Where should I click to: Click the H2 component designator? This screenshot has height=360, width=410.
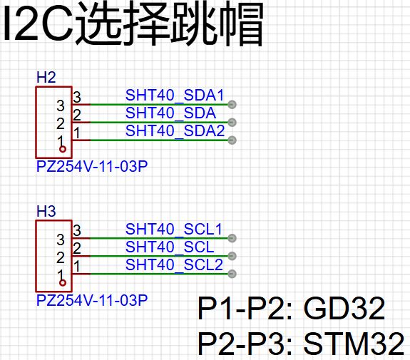46,78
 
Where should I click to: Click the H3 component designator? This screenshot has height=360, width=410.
46,211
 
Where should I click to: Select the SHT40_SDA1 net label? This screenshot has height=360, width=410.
175,95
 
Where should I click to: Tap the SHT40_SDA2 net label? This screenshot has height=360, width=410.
175,130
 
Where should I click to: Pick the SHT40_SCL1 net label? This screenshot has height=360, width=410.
174,229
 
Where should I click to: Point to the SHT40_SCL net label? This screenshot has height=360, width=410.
170,247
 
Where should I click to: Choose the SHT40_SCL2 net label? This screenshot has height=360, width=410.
174,264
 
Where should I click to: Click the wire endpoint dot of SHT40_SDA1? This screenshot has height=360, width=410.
232,105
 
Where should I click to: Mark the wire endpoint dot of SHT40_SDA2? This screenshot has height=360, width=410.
232,140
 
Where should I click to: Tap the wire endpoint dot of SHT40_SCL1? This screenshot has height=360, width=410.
232,238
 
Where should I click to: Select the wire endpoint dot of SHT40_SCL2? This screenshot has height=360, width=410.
232,274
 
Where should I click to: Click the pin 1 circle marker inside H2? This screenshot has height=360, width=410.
63,149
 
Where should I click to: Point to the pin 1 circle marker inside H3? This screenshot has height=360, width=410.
63,283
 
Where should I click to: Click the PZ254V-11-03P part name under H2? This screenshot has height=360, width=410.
92,167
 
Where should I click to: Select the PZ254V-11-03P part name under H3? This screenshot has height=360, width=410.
92,300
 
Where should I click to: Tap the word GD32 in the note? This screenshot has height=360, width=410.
344,309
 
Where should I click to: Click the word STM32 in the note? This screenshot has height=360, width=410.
354,344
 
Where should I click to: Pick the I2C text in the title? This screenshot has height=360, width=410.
39,24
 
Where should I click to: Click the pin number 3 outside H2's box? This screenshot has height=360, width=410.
77,97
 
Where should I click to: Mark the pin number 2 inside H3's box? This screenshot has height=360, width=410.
61,258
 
